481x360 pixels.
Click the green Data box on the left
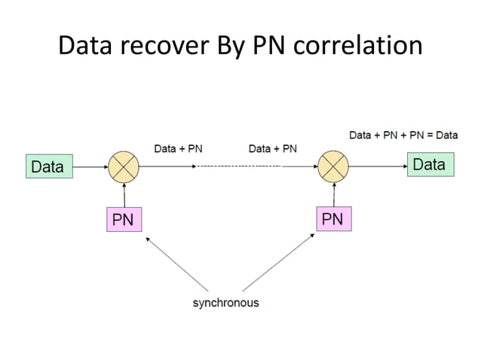click(x=49, y=166)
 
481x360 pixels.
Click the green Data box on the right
click(x=430, y=165)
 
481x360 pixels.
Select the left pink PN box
click(x=123, y=220)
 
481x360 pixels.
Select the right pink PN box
click(x=332, y=219)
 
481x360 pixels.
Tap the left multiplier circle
click(x=123, y=166)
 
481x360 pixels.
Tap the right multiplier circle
click(x=332, y=166)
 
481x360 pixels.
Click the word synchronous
click(x=225, y=303)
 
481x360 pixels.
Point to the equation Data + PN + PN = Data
click(x=403, y=136)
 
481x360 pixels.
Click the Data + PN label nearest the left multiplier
click(x=178, y=148)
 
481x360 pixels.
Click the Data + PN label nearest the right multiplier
click(x=272, y=148)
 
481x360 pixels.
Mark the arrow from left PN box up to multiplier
click(x=123, y=196)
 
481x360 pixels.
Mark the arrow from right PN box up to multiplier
click(x=332, y=196)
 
